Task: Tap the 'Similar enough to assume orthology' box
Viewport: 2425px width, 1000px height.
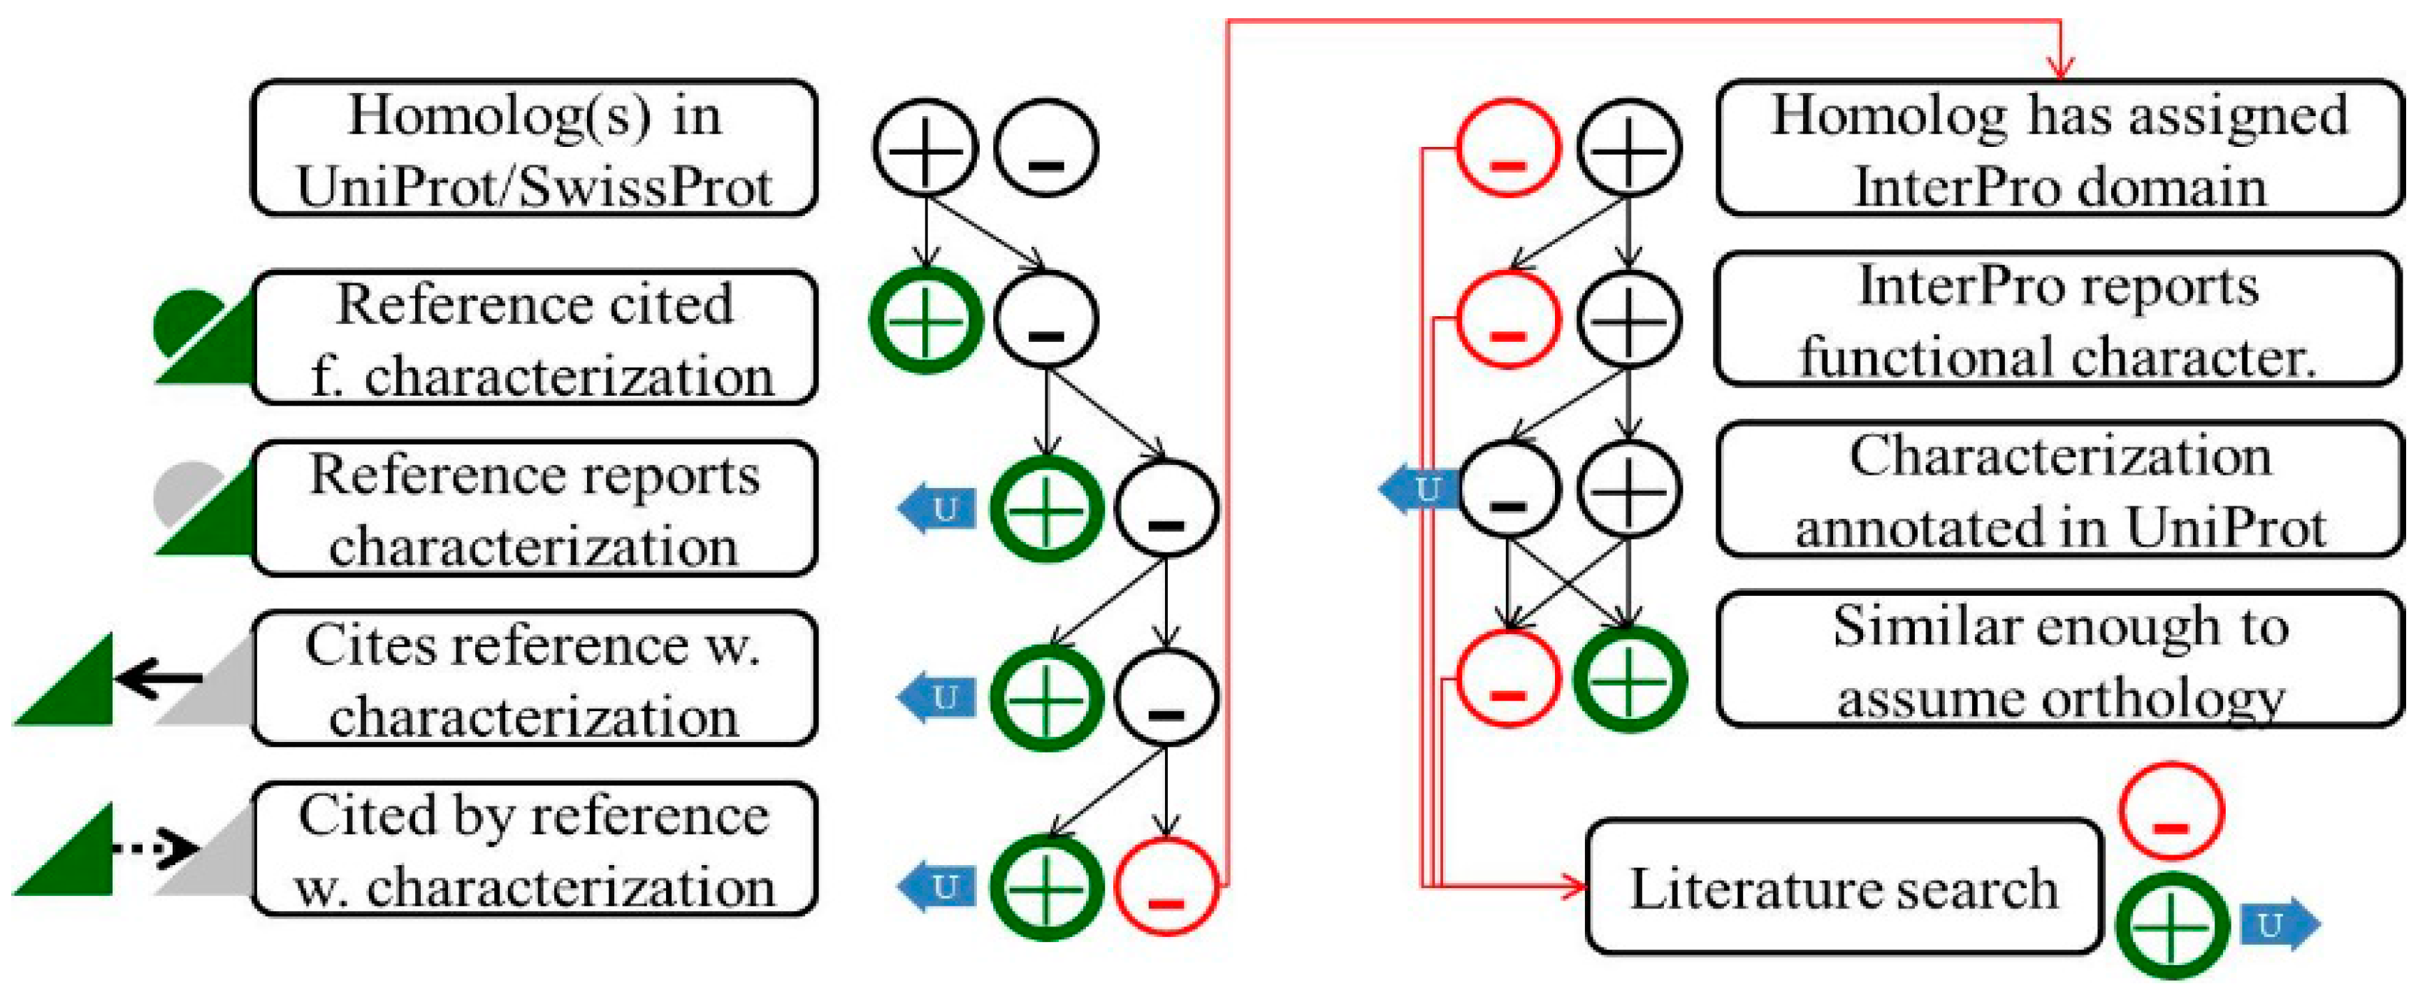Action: (2060, 660)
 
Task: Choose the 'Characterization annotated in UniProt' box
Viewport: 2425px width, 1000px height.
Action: (2060, 490)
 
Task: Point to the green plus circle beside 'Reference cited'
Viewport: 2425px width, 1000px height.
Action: (925, 320)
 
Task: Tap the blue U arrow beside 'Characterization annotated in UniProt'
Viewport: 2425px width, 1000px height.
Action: (1419, 489)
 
